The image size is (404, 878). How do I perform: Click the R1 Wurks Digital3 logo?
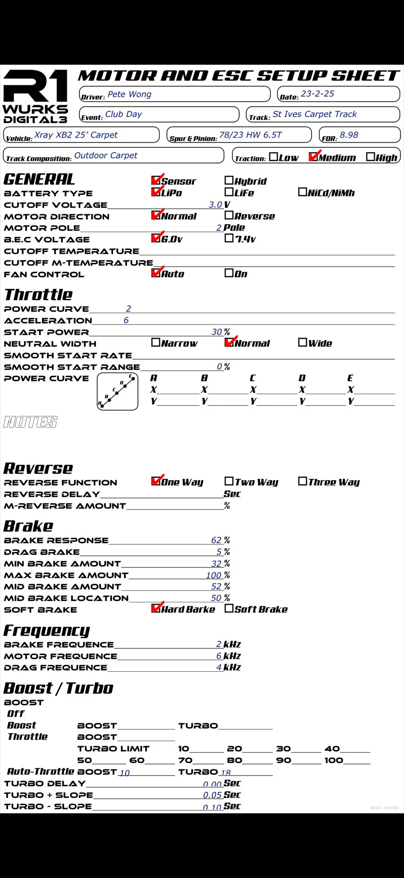click(x=36, y=97)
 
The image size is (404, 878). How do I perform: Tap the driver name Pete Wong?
click(x=129, y=94)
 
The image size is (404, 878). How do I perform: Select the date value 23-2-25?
click(x=318, y=94)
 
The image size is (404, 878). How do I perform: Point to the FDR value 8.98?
click(x=349, y=135)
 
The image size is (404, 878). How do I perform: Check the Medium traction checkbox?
click(x=313, y=157)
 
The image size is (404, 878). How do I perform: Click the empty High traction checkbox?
click(x=370, y=157)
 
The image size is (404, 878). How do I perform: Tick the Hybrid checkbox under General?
click(x=229, y=180)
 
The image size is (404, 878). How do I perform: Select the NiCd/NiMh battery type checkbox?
click(x=302, y=192)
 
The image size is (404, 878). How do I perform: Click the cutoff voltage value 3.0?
click(x=215, y=205)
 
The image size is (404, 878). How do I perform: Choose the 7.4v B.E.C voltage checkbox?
click(x=229, y=238)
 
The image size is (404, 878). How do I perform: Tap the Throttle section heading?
click(x=39, y=295)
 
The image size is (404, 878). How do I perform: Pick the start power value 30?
click(x=217, y=332)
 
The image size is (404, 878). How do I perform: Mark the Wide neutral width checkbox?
click(x=302, y=343)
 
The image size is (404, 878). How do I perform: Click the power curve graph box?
click(x=118, y=391)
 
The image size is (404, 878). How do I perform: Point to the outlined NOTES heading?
click(x=30, y=422)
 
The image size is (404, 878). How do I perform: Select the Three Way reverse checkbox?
click(x=302, y=481)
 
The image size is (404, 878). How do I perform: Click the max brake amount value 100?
click(x=214, y=575)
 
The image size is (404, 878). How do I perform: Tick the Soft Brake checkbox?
click(x=229, y=608)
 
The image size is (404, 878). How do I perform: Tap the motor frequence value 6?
click(x=219, y=656)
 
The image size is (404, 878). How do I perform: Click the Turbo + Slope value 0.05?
click(x=212, y=795)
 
